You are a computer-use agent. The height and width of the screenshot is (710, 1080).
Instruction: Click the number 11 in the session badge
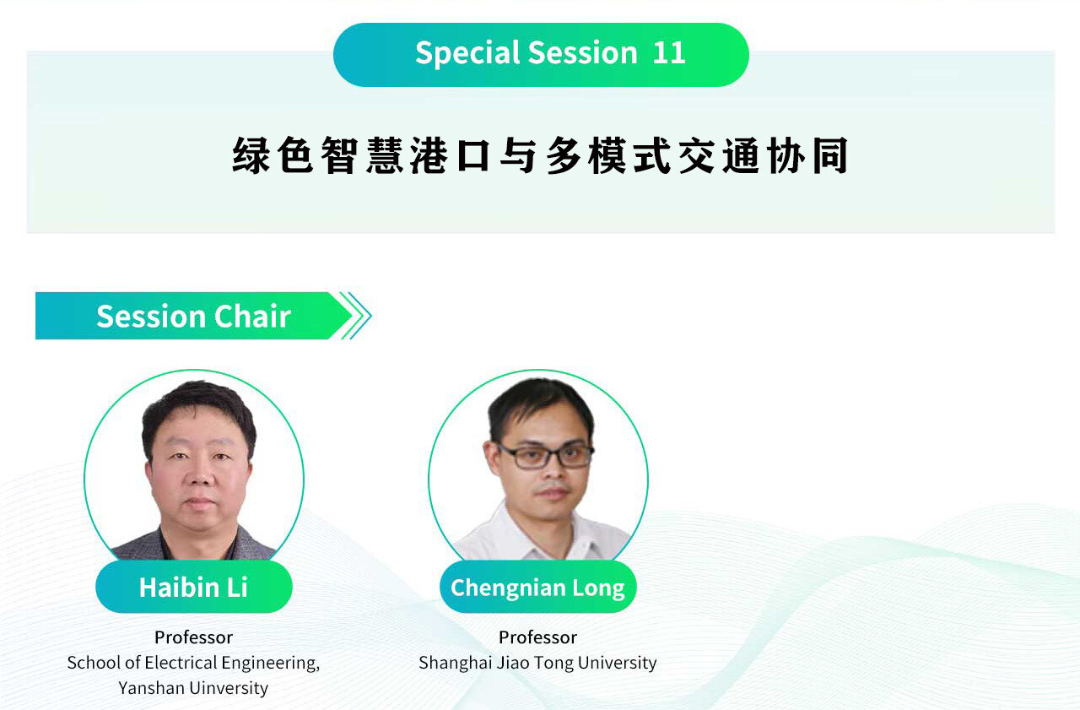click(x=669, y=52)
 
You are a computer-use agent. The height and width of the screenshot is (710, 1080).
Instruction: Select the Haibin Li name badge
click(x=194, y=587)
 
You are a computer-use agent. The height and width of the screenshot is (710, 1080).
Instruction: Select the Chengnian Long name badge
click(x=538, y=587)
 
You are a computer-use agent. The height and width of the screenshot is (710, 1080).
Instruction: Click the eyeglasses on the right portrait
click(x=545, y=455)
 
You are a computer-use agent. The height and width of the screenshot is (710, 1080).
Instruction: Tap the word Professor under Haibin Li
click(x=194, y=637)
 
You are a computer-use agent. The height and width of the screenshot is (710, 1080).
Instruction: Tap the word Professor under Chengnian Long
click(x=538, y=637)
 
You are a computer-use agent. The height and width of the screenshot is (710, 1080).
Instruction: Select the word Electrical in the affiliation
click(x=181, y=663)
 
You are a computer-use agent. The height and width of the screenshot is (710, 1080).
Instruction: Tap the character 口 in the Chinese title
click(x=473, y=156)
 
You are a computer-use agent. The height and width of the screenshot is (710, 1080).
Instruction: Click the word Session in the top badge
click(x=583, y=52)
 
